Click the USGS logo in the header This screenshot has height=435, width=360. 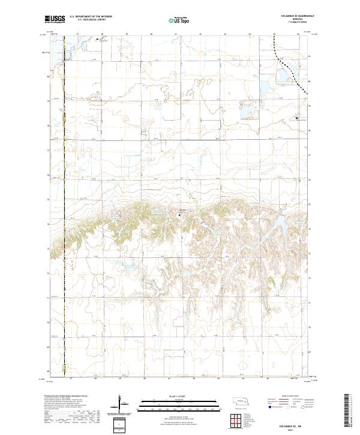click(55, 19)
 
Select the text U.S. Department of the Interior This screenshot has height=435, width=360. click(91, 17)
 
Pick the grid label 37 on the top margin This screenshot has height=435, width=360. click(77, 34)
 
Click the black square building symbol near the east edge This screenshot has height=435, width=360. click(297, 118)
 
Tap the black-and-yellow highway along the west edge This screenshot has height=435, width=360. click(64, 180)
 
